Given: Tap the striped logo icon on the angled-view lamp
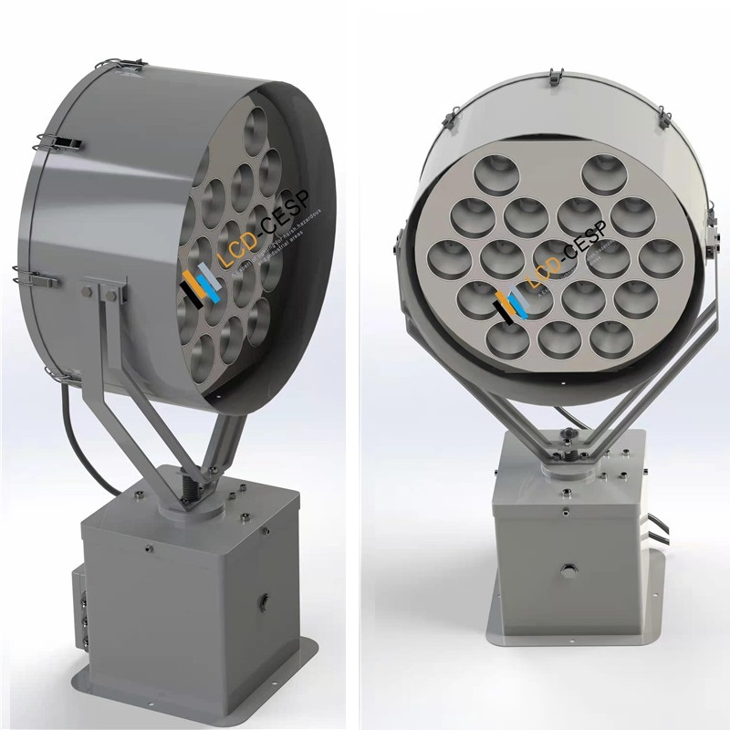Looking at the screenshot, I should coord(194,284).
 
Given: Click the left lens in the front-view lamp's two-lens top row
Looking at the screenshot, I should coord(484,177).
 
